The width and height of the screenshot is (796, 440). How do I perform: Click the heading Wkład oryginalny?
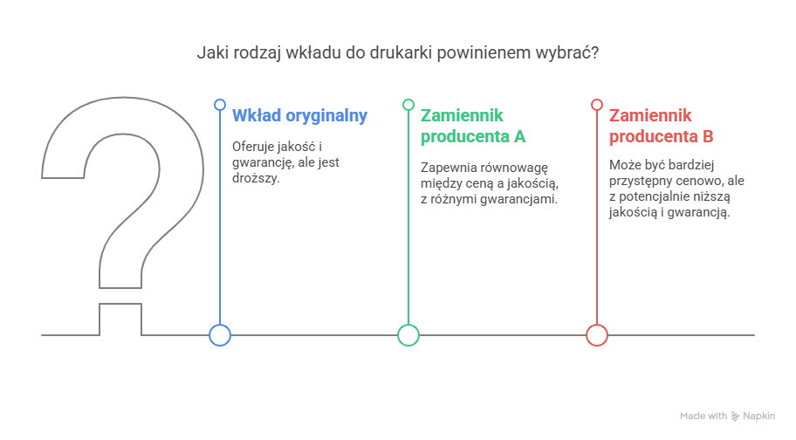tap(299, 115)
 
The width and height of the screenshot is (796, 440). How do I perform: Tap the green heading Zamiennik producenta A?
tap(473, 126)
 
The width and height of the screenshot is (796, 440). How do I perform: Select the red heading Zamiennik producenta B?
tap(662, 126)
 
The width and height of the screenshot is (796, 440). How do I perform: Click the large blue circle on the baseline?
tap(220, 335)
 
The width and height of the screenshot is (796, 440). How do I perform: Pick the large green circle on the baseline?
tap(408, 335)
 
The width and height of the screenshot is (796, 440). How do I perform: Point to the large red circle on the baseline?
tap(597, 335)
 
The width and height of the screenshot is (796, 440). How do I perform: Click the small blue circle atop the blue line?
tap(220, 105)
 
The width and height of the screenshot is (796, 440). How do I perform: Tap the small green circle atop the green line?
tap(408, 105)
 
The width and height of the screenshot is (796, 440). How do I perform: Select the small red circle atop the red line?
tap(597, 105)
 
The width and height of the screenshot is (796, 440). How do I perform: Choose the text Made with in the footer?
tap(703, 416)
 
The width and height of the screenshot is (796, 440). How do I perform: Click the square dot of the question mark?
tap(120, 320)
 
